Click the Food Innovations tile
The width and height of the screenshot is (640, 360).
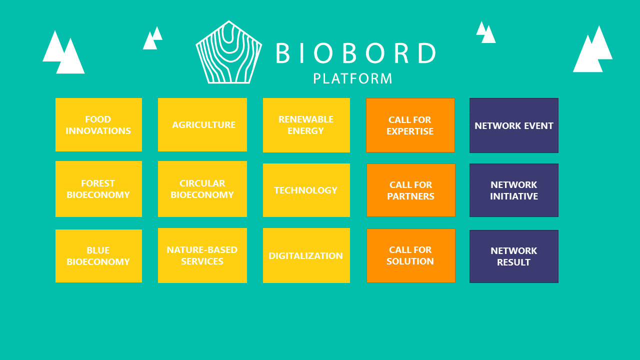[x=98, y=124]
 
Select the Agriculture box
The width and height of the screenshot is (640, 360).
[x=202, y=124]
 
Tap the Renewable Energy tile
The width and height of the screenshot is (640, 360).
[x=306, y=125]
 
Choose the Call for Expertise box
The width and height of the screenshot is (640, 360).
[x=410, y=125]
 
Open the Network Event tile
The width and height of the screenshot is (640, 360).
[x=513, y=125]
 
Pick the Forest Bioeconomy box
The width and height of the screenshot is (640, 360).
[x=98, y=189]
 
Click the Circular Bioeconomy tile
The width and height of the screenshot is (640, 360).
[x=202, y=189]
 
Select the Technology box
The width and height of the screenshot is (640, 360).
[x=306, y=190]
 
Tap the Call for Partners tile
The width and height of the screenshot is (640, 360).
[x=411, y=190]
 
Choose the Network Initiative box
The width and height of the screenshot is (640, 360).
[x=513, y=190]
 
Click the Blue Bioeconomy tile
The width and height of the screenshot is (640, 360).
[x=98, y=256]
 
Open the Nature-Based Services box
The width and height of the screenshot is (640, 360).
[x=202, y=255]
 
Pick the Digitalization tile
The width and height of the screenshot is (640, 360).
[x=306, y=255]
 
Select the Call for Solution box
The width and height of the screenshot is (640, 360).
[x=411, y=255]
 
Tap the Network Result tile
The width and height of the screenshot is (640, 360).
[x=513, y=256]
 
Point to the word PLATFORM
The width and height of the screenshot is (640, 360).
[x=352, y=78]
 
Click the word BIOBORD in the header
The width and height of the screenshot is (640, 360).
[x=356, y=53]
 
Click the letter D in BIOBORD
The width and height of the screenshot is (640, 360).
[x=427, y=53]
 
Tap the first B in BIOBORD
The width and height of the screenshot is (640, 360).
[x=283, y=53]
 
